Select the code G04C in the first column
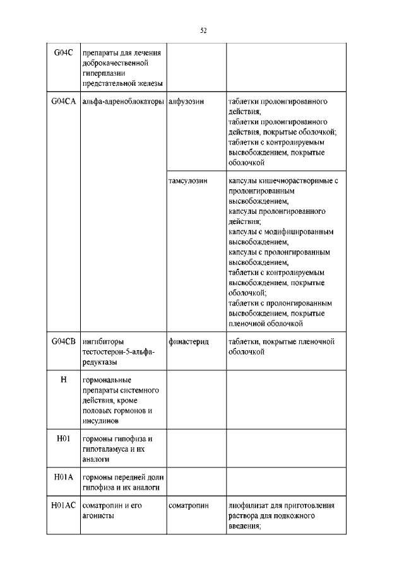[x=63, y=53]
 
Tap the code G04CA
[x=63, y=102]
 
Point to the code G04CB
[x=63, y=342]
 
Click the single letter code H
[x=63, y=380]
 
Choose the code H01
[x=63, y=439]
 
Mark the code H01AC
[x=63, y=505]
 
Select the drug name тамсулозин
[x=188, y=180]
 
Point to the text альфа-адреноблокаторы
[x=123, y=102]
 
